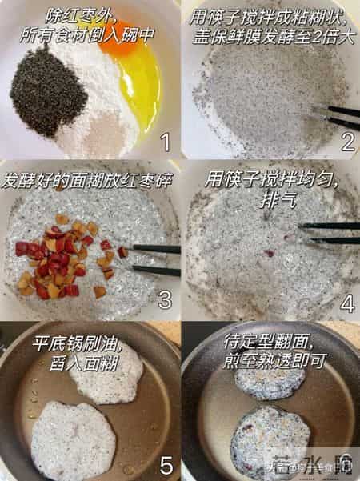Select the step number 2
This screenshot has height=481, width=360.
346,142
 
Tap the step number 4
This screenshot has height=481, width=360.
346,302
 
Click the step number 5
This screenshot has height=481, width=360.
166,462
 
